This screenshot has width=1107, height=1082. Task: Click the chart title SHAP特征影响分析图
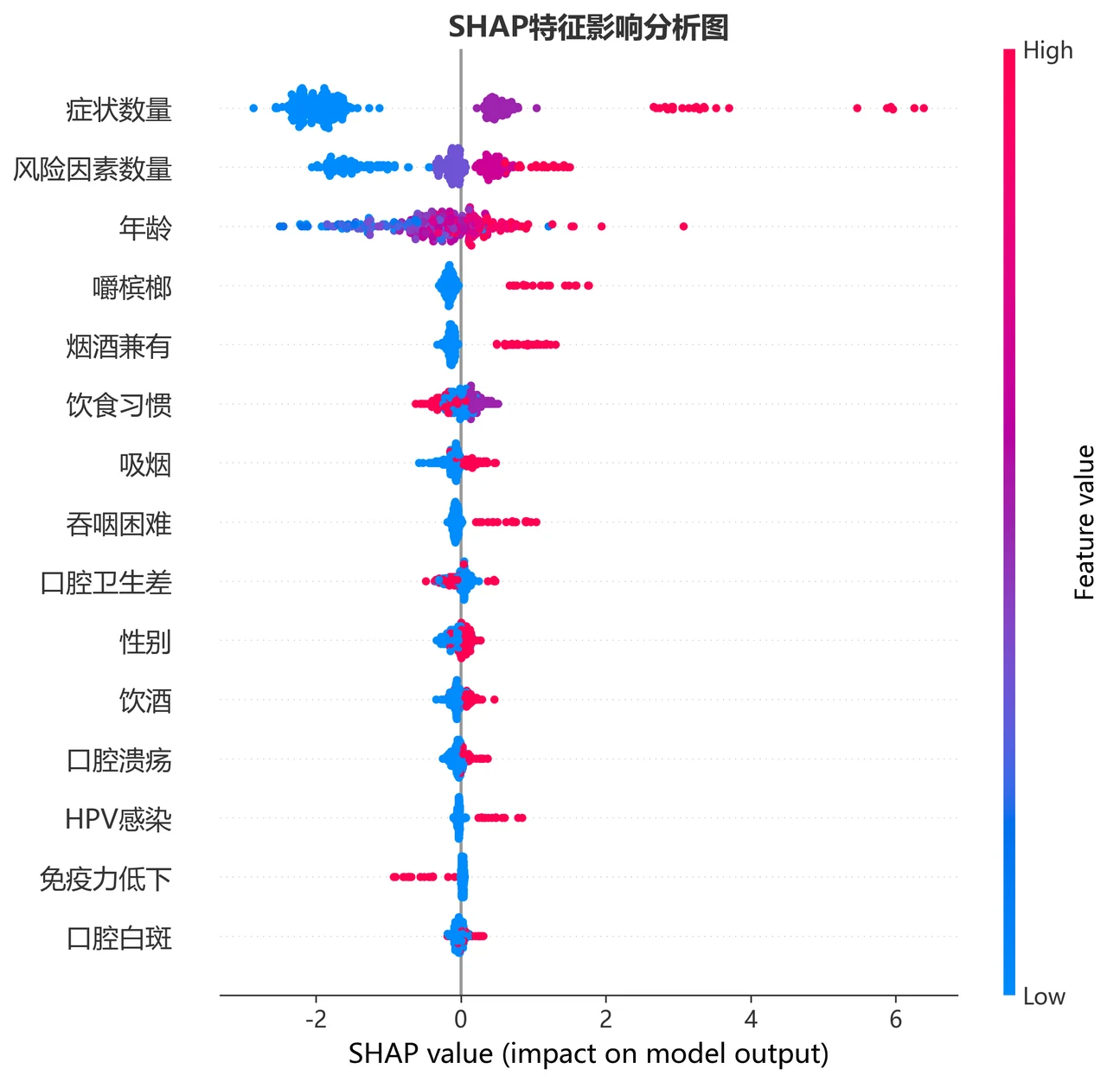click(x=588, y=28)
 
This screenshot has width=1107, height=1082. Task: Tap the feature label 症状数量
click(x=118, y=110)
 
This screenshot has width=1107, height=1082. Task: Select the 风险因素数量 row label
click(x=93, y=169)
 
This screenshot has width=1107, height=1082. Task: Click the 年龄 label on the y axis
click(x=145, y=228)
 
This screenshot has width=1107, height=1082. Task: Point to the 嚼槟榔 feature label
click(x=132, y=287)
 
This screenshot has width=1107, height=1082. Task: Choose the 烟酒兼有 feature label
click(x=118, y=347)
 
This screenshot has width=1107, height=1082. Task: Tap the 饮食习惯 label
click(x=118, y=406)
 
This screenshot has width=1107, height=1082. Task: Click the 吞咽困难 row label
click(x=118, y=524)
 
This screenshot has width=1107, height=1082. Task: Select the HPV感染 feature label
click(x=118, y=820)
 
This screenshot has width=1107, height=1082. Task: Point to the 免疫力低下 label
click(x=106, y=879)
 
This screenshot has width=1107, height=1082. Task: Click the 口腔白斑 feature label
click(x=118, y=938)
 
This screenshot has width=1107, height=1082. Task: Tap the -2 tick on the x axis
click(x=316, y=1020)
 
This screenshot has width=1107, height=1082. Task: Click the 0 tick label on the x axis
click(x=461, y=1020)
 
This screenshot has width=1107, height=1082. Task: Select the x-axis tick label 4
click(x=751, y=1020)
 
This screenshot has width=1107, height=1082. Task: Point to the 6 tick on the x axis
click(x=896, y=1020)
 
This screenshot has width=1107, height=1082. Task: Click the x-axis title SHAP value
click(x=421, y=1053)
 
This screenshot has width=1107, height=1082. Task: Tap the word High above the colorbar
click(x=1048, y=51)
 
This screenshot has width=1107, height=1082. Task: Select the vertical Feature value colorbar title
click(x=1085, y=522)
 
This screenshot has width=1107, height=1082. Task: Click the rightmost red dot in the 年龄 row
click(x=684, y=227)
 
